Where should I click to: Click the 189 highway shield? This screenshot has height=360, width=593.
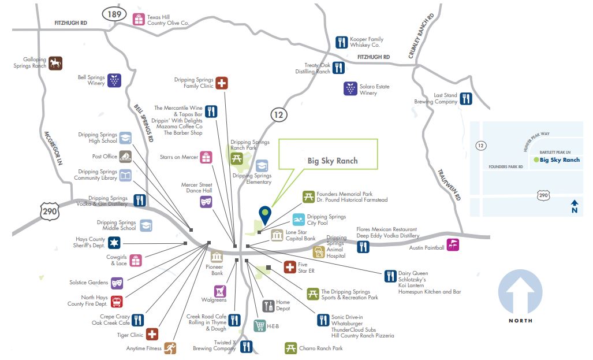pyautogui.click(x=114, y=13)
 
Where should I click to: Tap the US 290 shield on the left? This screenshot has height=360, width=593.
pyautogui.click(x=50, y=212)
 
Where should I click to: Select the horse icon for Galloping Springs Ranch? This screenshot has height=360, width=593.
pyautogui.click(x=55, y=62)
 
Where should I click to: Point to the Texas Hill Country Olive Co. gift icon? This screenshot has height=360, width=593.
pyautogui.click(x=139, y=19)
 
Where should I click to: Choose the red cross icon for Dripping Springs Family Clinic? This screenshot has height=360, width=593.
pyautogui.click(x=222, y=83)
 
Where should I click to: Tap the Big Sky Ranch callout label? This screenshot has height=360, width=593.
pyautogui.click(x=332, y=161)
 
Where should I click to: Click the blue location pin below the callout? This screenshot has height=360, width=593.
pyautogui.click(x=265, y=214)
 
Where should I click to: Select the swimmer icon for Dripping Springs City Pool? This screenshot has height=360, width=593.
pyautogui.click(x=298, y=220)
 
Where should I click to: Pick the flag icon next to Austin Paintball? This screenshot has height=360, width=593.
pyautogui.click(x=453, y=245)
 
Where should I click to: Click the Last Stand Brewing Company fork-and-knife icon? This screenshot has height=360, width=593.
pyautogui.click(x=466, y=98)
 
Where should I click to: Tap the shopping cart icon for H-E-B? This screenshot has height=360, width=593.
pyautogui.click(x=260, y=326)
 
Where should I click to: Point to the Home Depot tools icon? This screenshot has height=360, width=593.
pyautogui.click(x=268, y=306)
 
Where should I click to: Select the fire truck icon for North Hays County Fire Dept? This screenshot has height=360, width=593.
pyautogui.click(x=117, y=301)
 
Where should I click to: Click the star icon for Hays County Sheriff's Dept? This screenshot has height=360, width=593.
pyautogui.click(x=115, y=243)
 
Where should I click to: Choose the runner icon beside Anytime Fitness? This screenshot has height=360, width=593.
pyautogui.click(x=170, y=348)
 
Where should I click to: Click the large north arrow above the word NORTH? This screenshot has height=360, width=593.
pyautogui.click(x=520, y=292)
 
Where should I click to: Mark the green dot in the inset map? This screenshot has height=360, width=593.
pyautogui.click(x=536, y=159)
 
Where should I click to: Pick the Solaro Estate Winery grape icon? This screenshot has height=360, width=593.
pyautogui.click(x=350, y=88)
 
